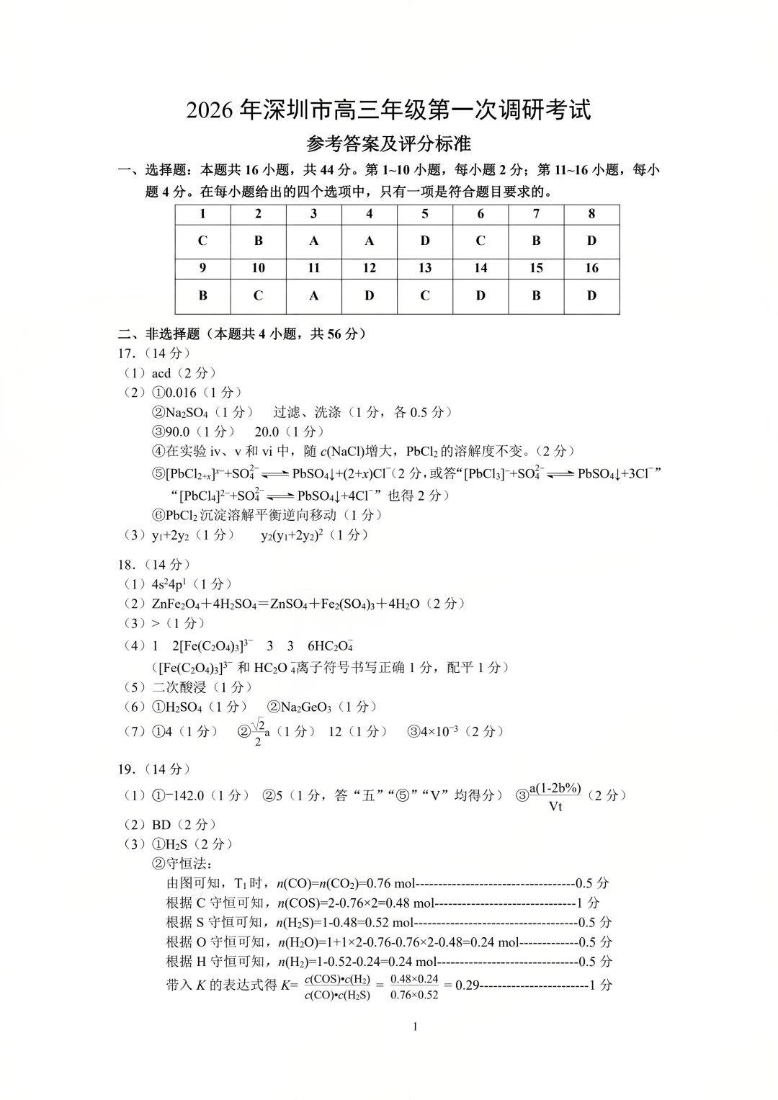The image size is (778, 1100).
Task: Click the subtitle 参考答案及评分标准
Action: (389, 143)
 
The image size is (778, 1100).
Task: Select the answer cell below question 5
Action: (425, 241)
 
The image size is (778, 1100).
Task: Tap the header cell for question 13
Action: (425, 268)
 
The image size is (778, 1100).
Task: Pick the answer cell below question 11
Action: (314, 295)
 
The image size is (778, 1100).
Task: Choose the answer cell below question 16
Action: (591, 295)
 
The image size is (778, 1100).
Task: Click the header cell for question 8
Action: (591, 214)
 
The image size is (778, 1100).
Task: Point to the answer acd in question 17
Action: (161, 373)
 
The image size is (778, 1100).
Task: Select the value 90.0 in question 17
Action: (179, 431)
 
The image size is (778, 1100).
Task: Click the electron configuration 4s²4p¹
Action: (171, 584)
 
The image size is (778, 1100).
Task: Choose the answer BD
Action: (162, 825)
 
